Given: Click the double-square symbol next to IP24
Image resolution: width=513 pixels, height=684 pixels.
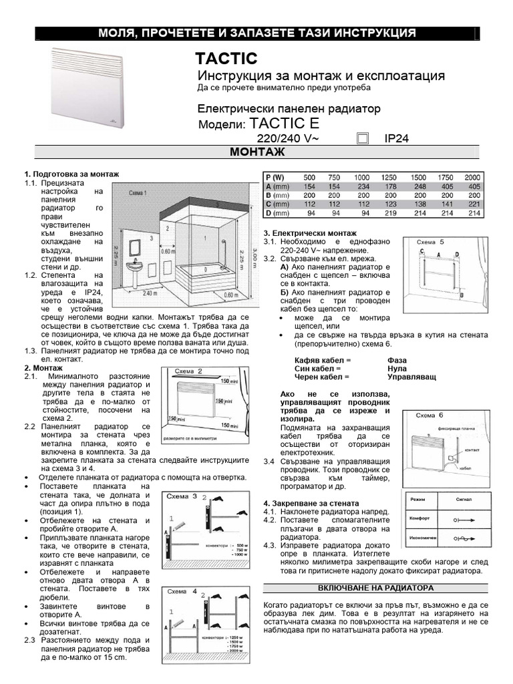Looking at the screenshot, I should (363, 138).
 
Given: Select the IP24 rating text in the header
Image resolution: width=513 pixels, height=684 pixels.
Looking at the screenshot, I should (396, 138).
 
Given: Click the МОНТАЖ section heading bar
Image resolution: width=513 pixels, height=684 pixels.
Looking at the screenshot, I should (256, 154).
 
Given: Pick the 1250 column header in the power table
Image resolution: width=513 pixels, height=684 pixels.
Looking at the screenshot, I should (388, 177).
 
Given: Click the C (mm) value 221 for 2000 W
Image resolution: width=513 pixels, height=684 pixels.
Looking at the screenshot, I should (473, 204).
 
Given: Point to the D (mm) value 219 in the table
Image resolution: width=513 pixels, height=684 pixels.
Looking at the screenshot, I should (388, 213).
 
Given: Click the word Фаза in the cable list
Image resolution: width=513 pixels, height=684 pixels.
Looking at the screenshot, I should (396, 360).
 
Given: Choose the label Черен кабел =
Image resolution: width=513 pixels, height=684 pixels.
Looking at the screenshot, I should (318, 377).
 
